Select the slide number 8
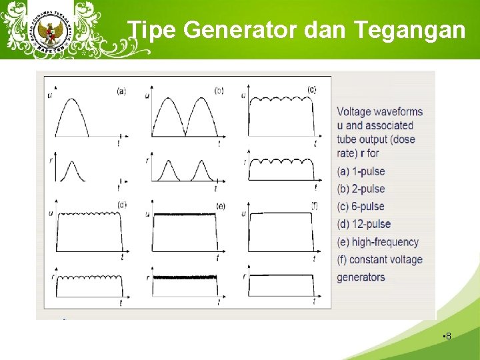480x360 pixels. point(448,336)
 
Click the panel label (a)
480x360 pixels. point(121,91)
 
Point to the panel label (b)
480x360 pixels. point(219,90)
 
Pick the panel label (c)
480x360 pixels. point(311,89)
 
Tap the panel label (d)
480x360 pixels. point(122,204)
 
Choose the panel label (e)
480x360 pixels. point(220,206)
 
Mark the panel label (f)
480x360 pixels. point(313,205)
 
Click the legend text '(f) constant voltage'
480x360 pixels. point(379,259)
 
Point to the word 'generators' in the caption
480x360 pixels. point(361,277)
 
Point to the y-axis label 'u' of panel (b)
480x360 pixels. point(147,97)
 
